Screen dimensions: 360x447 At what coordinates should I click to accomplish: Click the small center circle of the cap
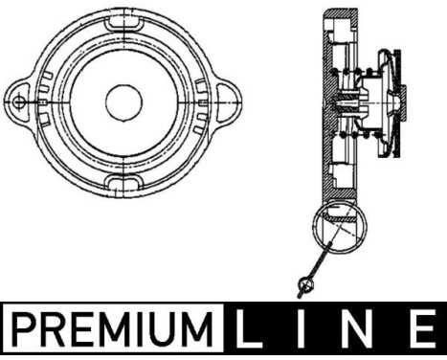[x=124, y=101]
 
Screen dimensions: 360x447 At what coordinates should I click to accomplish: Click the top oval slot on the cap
[x=124, y=20]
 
